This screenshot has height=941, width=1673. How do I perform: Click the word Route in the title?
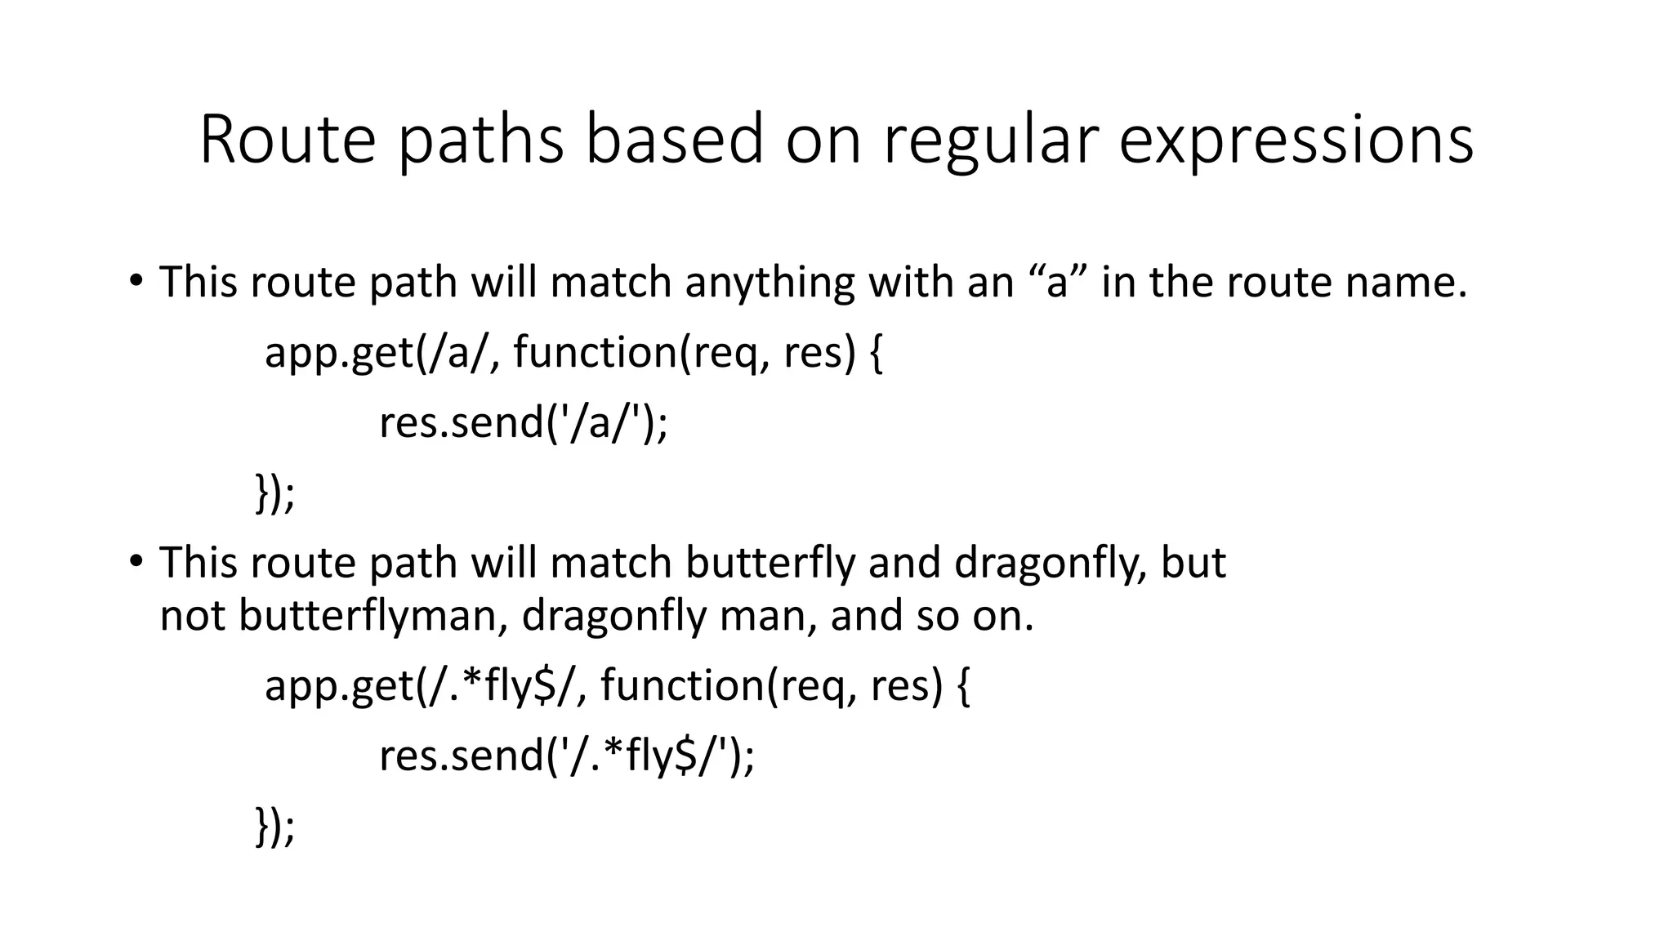(x=287, y=140)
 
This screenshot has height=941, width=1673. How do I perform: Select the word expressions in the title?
(x=1296, y=140)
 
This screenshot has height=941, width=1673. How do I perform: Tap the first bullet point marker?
(x=136, y=281)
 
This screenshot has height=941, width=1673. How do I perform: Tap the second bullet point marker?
(x=136, y=562)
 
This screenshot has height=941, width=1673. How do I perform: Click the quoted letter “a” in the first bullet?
(x=1056, y=282)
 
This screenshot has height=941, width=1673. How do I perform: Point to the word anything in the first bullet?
(x=770, y=282)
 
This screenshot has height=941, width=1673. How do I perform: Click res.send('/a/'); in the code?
(x=523, y=423)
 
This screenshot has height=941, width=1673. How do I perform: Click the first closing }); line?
(x=274, y=493)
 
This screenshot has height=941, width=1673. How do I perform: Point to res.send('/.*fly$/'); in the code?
(x=567, y=755)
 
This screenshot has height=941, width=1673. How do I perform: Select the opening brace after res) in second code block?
(x=962, y=685)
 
